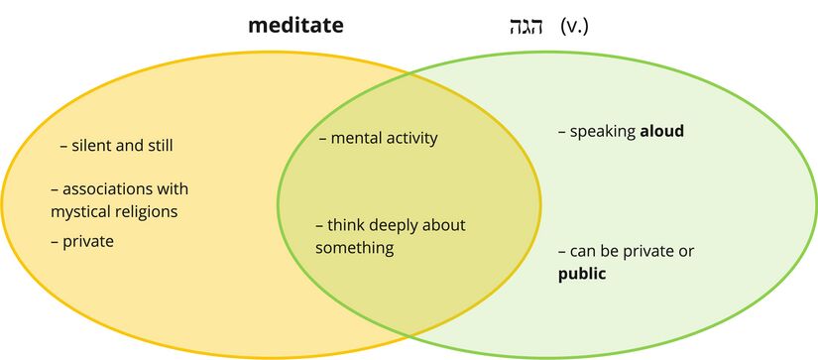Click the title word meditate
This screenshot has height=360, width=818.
tap(295, 24)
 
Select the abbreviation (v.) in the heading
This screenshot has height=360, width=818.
tap(575, 25)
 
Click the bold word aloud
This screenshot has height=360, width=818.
tap(661, 131)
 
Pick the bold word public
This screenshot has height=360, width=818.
tap(582, 273)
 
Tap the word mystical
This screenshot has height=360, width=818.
tap(80, 210)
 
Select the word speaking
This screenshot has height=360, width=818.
tap(603, 131)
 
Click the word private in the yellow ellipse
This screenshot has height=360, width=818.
tap(87, 241)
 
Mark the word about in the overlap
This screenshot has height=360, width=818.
tap(445, 225)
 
